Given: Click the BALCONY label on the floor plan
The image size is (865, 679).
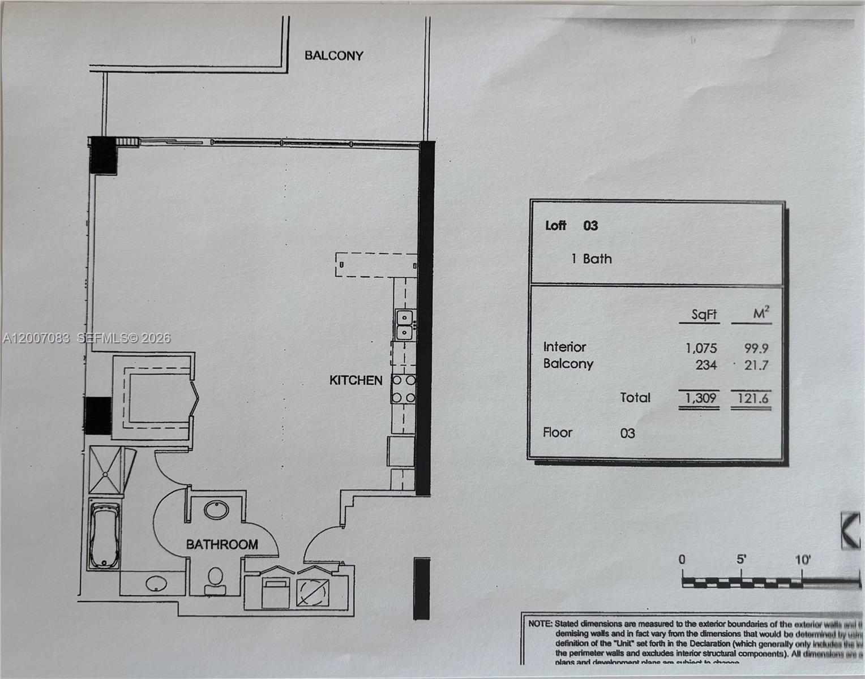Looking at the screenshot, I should point(333,55).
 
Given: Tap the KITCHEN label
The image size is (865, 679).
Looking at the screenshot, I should point(356,380).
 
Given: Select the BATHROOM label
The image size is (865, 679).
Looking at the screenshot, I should point(222,544).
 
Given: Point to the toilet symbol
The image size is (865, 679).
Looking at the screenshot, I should point(215,581).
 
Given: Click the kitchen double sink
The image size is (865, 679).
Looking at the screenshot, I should point(404,324).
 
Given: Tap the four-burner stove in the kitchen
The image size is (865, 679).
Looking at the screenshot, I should point(403,389).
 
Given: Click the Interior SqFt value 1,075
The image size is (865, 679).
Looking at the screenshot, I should point(701,348).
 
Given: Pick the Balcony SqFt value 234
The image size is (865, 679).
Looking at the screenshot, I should point(706,365).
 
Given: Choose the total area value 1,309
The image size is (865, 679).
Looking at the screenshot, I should point(700,398).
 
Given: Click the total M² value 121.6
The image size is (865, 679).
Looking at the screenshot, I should point(752,398).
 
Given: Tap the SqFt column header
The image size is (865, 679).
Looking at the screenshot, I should point(704,315).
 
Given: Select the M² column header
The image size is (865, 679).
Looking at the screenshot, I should point(761,313).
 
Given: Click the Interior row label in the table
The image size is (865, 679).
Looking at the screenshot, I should point(564,347).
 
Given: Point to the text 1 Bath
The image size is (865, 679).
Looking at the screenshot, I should point(592,259).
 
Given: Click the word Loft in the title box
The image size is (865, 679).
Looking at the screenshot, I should point(555,225).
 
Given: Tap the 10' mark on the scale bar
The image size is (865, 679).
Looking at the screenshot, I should point(802,560).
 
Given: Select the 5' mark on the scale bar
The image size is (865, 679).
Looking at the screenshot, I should point(741,559).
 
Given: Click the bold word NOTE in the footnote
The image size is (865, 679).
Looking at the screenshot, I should point(540,624).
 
